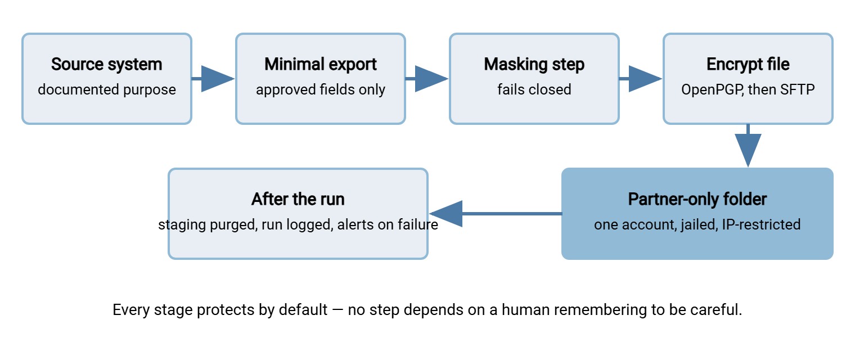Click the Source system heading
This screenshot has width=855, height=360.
(106, 64)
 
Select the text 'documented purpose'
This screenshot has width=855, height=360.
(106, 89)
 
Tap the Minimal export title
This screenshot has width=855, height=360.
(320, 64)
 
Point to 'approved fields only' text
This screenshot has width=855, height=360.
(320, 89)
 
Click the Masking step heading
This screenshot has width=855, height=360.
(534, 64)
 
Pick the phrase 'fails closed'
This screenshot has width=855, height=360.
(534, 89)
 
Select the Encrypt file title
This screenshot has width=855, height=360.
(748, 64)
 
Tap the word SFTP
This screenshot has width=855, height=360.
(798, 89)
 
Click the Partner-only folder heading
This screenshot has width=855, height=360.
(697, 199)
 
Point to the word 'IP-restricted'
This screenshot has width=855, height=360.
(761, 224)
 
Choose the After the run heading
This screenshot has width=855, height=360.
(298, 199)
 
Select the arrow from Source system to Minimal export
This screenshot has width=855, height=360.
(213, 79)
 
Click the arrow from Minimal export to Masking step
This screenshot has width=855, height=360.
(426, 79)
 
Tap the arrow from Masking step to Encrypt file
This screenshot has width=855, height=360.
(640, 79)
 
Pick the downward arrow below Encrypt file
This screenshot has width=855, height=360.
(748, 146)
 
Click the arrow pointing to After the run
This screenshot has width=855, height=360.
(496, 214)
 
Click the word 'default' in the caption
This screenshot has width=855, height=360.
(303, 309)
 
